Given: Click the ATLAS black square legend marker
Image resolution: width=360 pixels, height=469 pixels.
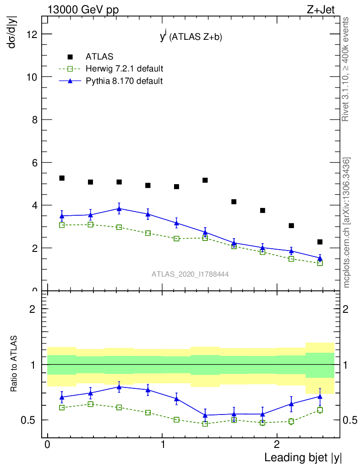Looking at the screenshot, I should pyautogui.click(x=70, y=57).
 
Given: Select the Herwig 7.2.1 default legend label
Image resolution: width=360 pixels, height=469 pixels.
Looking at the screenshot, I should pyautogui.click(x=124, y=69).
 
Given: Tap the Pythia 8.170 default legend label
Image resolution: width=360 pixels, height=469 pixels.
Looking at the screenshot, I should pyautogui.click(x=124, y=81).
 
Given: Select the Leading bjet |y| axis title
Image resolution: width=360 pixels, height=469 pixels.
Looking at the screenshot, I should pyautogui.click(x=303, y=457).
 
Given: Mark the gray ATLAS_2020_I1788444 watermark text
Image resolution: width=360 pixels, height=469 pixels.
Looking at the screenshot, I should pyautogui.click(x=190, y=274).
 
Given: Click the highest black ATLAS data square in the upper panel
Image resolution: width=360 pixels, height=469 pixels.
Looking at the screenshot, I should pyautogui.click(x=62, y=178).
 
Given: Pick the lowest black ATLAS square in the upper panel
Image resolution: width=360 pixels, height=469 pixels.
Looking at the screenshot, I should pyautogui.click(x=320, y=242).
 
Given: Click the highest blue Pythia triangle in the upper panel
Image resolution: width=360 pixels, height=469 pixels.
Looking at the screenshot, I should pyautogui.click(x=119, y=208).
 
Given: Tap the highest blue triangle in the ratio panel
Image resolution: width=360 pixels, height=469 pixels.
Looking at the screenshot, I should pyautogui.click(x=119, y=387).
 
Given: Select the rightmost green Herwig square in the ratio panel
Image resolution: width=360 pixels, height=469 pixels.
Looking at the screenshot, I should pyautogui.click(x=320, y=410).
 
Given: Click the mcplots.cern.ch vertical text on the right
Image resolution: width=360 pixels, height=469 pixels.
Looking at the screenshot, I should pyautogui.click(x=347, y=223).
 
